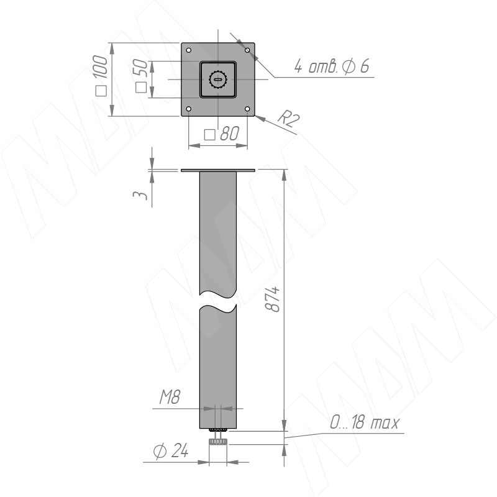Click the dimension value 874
[272, 299]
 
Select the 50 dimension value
[141, 68]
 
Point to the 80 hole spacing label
[229, 134]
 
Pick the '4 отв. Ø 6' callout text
[332, 66]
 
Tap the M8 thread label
[170, 397]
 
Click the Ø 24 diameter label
[171, 450]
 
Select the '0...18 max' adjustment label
[364, 422]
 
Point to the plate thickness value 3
[140, 195]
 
